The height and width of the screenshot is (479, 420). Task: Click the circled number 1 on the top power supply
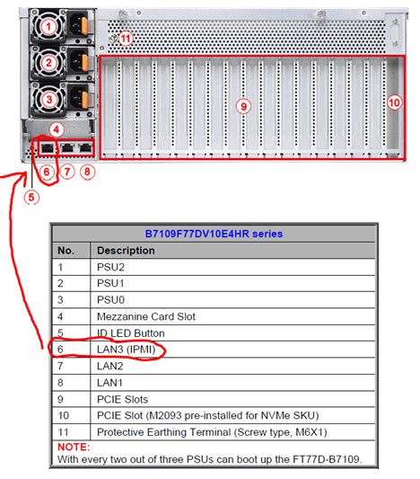pyautogui.click(x=48, y=27)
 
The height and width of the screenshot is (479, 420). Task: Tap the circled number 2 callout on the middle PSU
pyautogui.click(x=48, y=63)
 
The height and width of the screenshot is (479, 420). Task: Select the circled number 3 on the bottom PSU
pyautogui.click(x=48, y=99)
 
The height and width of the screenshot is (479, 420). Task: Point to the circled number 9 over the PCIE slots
pyautogui.click(x=243, y=106)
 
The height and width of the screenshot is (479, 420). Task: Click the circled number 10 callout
pyautogui.click(x=394, y=102)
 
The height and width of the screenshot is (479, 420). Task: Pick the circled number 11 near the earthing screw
pyautogui.click(x=125, y=39)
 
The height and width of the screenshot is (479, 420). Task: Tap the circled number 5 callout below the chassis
pyautogui.click(x=31, y=197)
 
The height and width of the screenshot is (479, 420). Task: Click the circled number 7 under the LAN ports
pyautogui.click(x=67, y=172)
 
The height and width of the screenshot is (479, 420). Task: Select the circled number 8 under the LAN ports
pyautogui.click(x=87, y=172)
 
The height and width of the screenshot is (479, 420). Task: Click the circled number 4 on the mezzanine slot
pyautogui.click(x=57, y=129)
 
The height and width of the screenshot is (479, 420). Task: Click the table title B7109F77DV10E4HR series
pyautogui.click(x=214, y=234)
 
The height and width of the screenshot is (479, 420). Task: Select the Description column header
pyautogui.click(x=126, y=251)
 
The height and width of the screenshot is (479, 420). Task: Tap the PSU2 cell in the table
pyautogui.click(x=110, y=267)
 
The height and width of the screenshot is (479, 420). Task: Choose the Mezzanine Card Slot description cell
pyautogui.click(x=146, y=316)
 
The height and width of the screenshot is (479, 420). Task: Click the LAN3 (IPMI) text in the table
pyautogui.click(x=127, y=350)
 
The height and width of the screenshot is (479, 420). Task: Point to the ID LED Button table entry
pyautogui.click(x=130, y=333)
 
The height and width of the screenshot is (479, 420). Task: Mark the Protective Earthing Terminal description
pyautogui.click(x=212, y=432)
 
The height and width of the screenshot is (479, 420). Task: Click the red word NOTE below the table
pyautogui.click(x=74, y=447)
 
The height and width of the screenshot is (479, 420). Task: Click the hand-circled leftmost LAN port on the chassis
pyautogui.click(x=48, y=148)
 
